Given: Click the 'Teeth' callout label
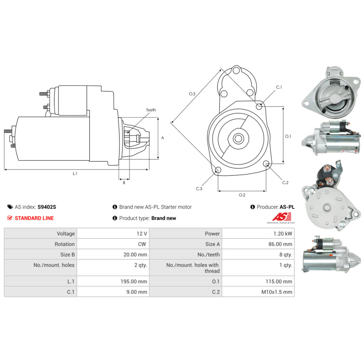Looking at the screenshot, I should click(x=151, y=110).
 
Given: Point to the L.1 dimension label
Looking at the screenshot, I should click(x=75, y=174).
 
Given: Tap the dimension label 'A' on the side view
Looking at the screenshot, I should click(x=163, y=138).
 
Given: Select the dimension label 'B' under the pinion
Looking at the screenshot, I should click(x=124, y=182).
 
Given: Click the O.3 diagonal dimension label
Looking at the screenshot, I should click(x=192, y=94).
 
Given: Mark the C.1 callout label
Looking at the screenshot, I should click(x=279, y=87).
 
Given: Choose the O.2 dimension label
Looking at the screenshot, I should click(x=242, y=195).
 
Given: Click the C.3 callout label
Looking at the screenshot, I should click(x=199, y=189).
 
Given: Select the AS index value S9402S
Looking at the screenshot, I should click(x=47, y=207).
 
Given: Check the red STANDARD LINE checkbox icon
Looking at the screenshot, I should click(x=10, y=218).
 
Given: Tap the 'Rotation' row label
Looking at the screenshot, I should click(x=64, y=244).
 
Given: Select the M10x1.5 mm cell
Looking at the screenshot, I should click(x=277, y=292).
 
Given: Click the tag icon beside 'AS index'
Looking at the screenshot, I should click(x=10, y=207).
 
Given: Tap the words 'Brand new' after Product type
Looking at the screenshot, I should click(x=163, y=218).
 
